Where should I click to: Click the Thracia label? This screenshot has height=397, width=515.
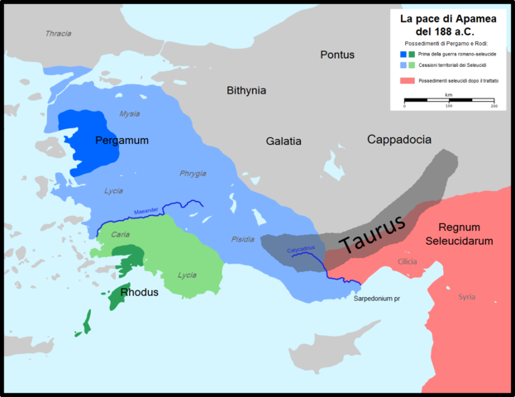tap(58, 34)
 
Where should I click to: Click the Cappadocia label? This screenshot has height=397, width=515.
tap(399, 140)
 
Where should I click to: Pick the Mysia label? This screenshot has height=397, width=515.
tap(130, 113)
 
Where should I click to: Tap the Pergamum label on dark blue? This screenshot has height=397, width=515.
tap(122, 141)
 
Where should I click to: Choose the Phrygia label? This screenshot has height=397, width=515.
tap(193, 173)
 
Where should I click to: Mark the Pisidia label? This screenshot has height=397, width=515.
tap(243, 239)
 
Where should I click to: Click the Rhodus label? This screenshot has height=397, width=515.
tap(139, 292)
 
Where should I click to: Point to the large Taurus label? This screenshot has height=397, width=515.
tap(371, 234)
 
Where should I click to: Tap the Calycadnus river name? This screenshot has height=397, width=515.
tap(302, 248)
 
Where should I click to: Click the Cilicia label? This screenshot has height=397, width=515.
tap(408, 261)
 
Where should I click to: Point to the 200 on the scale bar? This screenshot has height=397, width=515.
tap(494, 106)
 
